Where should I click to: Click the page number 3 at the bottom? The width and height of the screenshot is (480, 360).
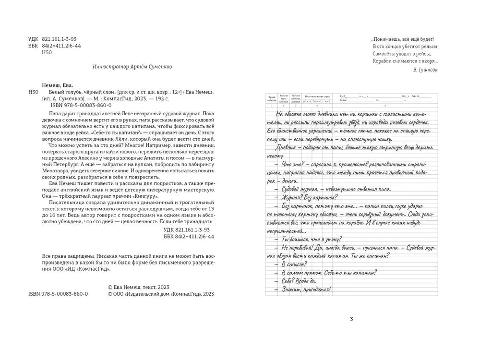pos(352,319)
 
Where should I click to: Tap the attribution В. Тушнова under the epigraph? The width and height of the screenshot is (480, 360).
pos(425,70)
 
